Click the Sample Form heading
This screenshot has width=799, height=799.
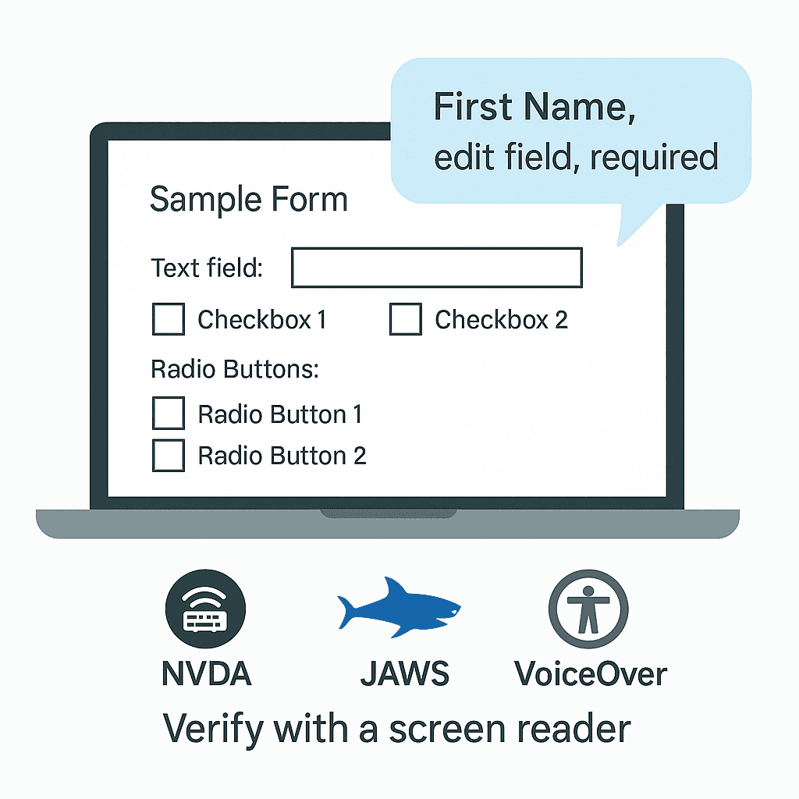(x=248, y=200)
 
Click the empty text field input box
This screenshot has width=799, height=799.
(x=436, y=268)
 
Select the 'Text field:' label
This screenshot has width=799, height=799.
(x=207, y=268)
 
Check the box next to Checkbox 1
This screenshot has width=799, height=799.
(x=168, y=319)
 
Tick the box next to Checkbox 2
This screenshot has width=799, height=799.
(x=405, y=319)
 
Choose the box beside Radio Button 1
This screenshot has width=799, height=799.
(x=168, y=414)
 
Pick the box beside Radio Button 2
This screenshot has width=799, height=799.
(x=168, y=456)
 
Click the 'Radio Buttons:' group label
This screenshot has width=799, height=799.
(x=235, y=368)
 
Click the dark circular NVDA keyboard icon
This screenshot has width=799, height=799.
(x=205, y=609)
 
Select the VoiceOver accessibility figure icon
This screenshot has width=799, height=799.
(x=588, y=609)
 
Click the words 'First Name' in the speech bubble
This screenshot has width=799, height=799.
(x=534, y=107)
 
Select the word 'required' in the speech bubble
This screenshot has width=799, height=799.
(x=654, y=158)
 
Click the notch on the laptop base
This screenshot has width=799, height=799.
(x=387, y=513)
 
